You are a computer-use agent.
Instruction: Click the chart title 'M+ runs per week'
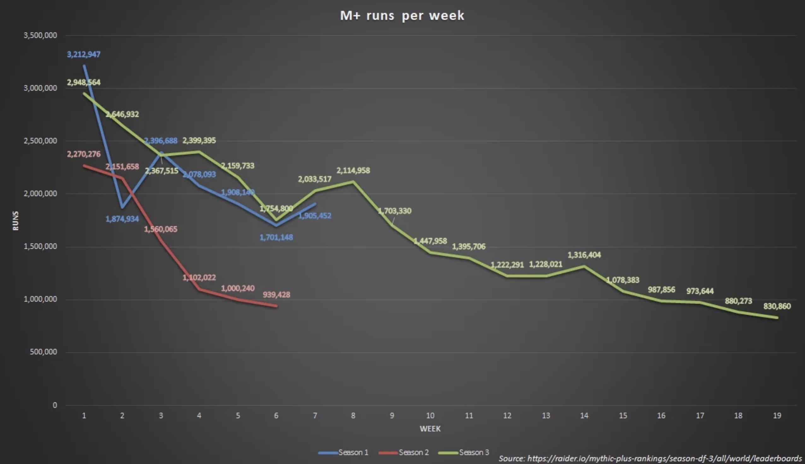tap(402, 15)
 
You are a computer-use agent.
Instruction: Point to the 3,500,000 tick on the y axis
tap(40, 35)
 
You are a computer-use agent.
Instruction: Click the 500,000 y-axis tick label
tap(43, 352)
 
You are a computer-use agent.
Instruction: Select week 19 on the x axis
tap(777, 416)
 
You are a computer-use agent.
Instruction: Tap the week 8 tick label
tap(353, 416)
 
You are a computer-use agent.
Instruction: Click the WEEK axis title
tap(430, 429)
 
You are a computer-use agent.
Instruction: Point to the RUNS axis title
tap(15, 221)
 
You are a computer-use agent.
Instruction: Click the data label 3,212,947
tap(83, 55)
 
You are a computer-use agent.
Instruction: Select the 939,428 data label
tap(276, 295)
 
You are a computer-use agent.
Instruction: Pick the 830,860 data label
tap(777, 306)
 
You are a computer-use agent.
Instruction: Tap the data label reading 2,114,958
tap(353, 170)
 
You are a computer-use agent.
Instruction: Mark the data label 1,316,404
tap(584, 255)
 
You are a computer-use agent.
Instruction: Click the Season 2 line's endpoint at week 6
tap(276, 306)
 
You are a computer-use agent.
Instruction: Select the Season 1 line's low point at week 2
tap(122, 207)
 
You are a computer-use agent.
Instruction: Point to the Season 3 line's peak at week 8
tap(353, 181)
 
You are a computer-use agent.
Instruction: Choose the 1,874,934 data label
tap(122, 219)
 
